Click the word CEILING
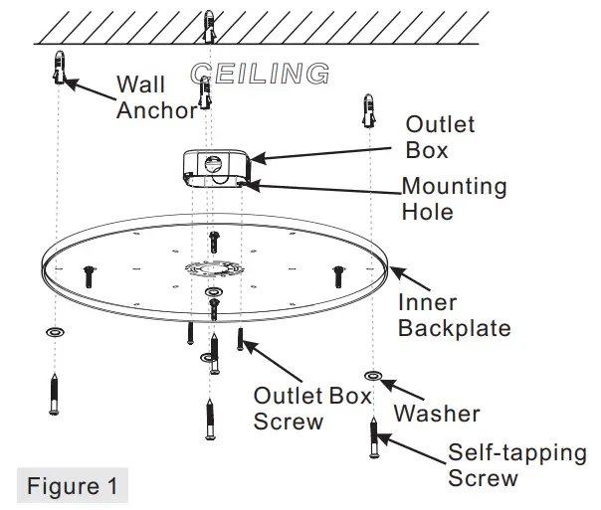[260, 74]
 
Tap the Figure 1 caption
[72, 486]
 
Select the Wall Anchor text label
[156, 97]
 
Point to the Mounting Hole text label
[454, 199]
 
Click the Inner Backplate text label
[454, 315]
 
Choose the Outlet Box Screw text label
[311, 408]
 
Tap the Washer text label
[437, 413]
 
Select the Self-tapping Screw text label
[516, 465]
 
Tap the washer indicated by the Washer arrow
[371, 376]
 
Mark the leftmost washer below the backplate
[54, 332]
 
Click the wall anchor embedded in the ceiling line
[208, 27]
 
